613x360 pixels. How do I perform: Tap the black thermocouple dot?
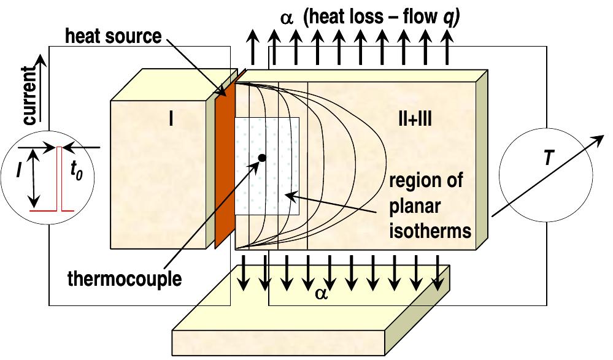coord(262,158)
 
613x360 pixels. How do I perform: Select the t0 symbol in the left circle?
coord(77,172)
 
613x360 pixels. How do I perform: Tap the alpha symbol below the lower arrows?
coord(321,292)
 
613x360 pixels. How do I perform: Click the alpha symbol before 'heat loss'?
coord(287,17)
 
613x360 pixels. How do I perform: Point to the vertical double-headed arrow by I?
coord(34,178)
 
